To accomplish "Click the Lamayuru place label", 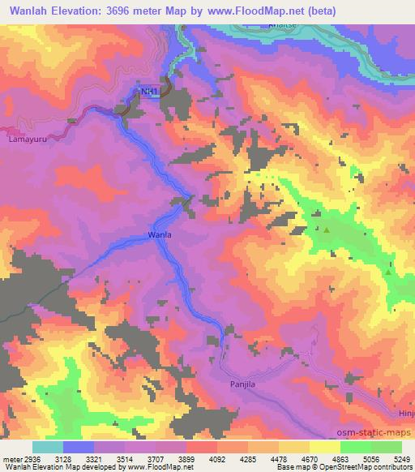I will [23, 139].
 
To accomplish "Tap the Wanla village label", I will [159, 235].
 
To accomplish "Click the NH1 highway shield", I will [148, 92].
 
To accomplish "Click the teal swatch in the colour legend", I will [48, 447].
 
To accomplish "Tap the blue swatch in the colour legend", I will [79, 447].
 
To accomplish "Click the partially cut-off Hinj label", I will [406, 413].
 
